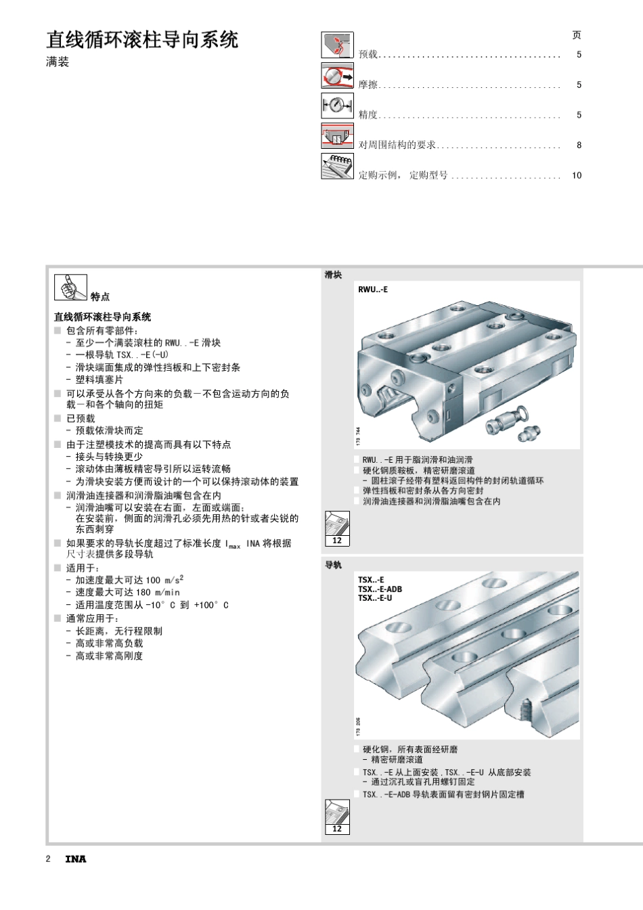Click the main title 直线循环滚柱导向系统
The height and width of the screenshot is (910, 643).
click(142, 40)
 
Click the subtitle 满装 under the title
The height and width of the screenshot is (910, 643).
click(58, 62)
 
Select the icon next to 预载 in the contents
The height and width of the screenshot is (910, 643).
click(337, 45)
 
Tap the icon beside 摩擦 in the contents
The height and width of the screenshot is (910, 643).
click(337, 76)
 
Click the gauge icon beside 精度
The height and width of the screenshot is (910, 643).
click(337, 106)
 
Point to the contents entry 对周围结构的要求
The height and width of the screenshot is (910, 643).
click(397, 145)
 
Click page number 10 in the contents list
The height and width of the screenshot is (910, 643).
click(577, 175)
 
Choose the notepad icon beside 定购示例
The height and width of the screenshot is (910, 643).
click(337, 166)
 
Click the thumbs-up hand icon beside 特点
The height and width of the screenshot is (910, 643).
click(70, 288)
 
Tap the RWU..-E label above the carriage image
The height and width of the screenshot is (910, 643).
click(373, 290)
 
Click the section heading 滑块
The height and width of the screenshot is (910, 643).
click(333, 275)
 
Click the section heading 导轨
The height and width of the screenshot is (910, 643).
click(333, 565)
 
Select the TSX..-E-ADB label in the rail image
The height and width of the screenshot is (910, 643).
click(380, 589)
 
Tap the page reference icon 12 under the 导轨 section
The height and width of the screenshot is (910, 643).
click(337, 817)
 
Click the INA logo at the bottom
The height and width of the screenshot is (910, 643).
click(76, 859)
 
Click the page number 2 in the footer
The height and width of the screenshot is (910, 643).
click(48, 859)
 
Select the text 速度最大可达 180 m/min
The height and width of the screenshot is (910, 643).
click(127, 593)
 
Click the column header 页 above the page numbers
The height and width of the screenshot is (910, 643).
click(577, 35)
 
